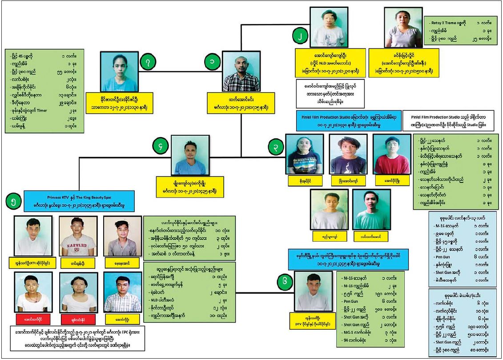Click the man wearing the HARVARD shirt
pyautogui.click(x=77, y=236)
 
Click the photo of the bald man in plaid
pyautogui.click(x=241, y=71)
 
